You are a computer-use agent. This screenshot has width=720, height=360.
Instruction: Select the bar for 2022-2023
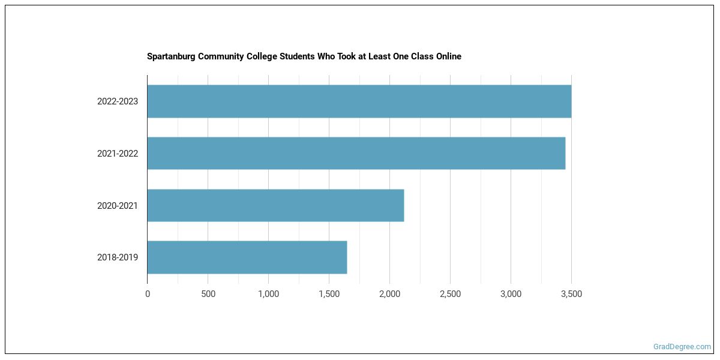359,101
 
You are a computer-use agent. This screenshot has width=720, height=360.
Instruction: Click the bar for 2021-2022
356,154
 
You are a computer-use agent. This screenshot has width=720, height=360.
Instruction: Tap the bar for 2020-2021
275,206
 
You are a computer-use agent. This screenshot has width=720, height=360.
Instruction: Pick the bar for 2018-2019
247,257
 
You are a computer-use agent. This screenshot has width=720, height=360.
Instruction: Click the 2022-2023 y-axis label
118,101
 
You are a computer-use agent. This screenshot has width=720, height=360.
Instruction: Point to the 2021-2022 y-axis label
118,154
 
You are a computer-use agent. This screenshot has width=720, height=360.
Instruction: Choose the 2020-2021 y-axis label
118,206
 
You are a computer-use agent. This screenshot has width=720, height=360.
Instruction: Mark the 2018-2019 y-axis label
118,257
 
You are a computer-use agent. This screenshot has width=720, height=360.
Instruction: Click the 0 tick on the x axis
148,294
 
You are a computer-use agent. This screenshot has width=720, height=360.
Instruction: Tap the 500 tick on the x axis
208,294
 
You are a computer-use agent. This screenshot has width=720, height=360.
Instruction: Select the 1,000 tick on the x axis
268,294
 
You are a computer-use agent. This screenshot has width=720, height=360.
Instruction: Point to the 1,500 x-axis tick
329,294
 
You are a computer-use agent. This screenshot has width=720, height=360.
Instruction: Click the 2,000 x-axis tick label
389,294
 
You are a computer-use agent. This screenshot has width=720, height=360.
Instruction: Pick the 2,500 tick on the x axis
450,294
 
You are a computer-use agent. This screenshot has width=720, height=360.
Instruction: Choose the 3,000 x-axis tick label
511,294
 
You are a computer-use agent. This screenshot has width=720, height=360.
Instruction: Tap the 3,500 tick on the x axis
571,294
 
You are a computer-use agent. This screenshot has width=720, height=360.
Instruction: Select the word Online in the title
448,56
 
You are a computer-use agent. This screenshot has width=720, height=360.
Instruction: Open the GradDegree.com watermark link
682,347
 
